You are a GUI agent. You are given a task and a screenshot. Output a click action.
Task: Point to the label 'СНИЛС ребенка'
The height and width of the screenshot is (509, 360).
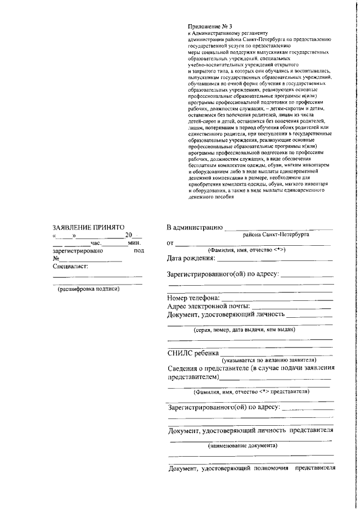pos(192,353)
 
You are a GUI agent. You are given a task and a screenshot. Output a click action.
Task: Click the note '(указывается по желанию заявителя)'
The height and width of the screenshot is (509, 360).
pos(269,360)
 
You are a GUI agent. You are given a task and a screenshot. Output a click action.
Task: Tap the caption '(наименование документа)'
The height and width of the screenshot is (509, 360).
pos(242,446)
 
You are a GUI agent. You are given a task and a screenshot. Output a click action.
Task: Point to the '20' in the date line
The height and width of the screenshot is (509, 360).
pos(129,235)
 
